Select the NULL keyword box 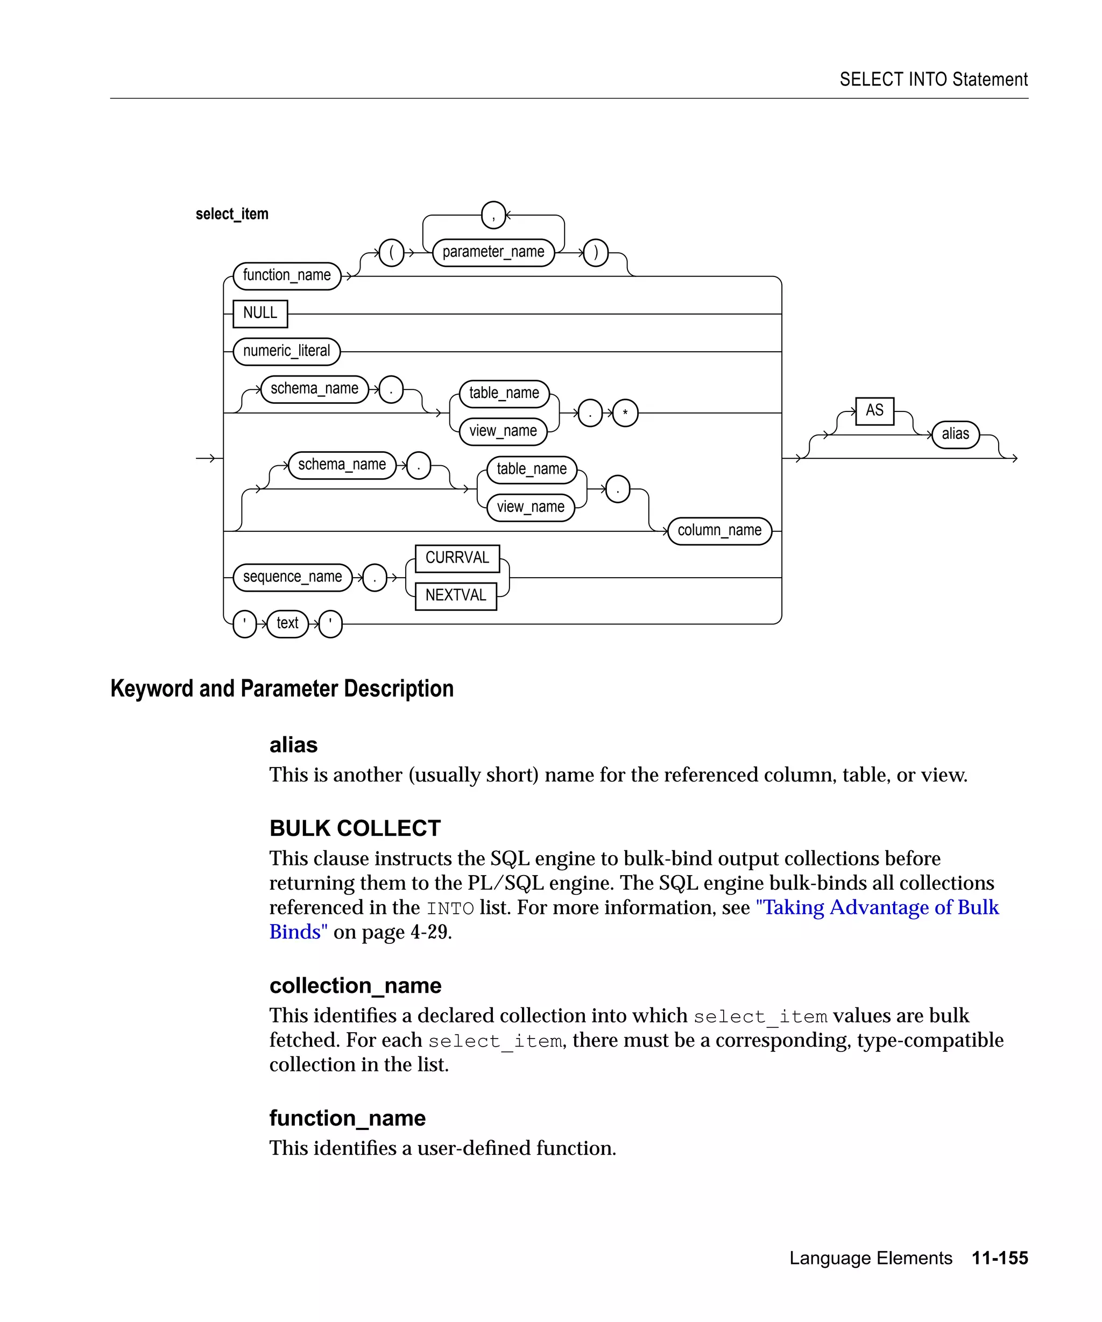click(x=260, y=314)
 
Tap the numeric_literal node click(x=286, y=351)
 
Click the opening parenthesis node click(x=392, y=253)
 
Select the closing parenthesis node click(x=596, y=253)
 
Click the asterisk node click(x=625, y=413)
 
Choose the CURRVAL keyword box click(x=457, y=558)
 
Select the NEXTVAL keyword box click(x=456, y=595)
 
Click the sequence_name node click(x=292, y=577)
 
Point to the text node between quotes click(x=287, y=624)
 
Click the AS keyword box click(x=875, y=411)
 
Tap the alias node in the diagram click(x=955, y=435)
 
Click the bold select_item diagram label click(x=232, y=214)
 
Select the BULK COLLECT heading click(x=355, y=828)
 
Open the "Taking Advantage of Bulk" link click(x=877, y=908)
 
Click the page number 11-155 click(x=999, y=1258)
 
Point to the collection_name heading click(x=355, y=986)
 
